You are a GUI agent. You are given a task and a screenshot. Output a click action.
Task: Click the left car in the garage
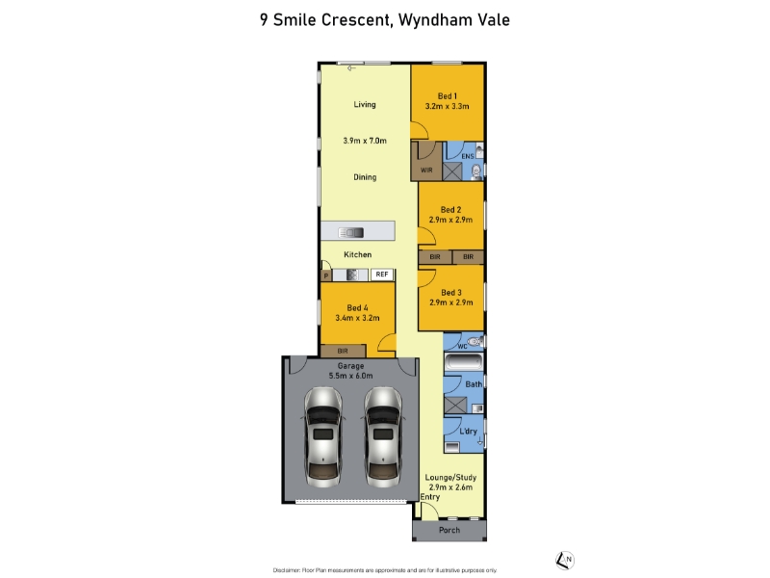323,437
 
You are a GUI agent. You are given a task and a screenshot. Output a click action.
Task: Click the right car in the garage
383,437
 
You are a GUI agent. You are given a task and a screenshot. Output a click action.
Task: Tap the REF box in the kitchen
382,275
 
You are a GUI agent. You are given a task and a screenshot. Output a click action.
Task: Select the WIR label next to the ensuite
426,171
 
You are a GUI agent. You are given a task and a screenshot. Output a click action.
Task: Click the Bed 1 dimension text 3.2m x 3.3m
447,106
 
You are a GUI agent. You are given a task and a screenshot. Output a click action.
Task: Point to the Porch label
449,530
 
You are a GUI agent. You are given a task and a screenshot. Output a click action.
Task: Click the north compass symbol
565,560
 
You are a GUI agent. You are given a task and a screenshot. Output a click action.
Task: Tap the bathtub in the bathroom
464,362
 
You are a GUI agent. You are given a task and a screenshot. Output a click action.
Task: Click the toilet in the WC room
475,341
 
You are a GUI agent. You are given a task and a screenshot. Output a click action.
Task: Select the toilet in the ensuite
475,171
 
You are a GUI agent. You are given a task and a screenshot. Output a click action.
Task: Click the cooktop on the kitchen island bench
351,232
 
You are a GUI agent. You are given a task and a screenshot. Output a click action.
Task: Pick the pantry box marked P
326,276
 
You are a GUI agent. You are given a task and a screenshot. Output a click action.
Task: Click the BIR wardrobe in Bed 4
343,351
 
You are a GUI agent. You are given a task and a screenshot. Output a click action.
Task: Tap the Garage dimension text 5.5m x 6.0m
350,376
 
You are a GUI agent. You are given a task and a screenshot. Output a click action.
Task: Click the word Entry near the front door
430,497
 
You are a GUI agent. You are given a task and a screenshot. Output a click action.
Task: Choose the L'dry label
468,431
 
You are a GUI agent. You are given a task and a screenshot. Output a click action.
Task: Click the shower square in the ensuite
452,171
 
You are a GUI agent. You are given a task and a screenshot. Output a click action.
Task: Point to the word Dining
365,177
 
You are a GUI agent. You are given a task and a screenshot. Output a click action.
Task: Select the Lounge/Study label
450,477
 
